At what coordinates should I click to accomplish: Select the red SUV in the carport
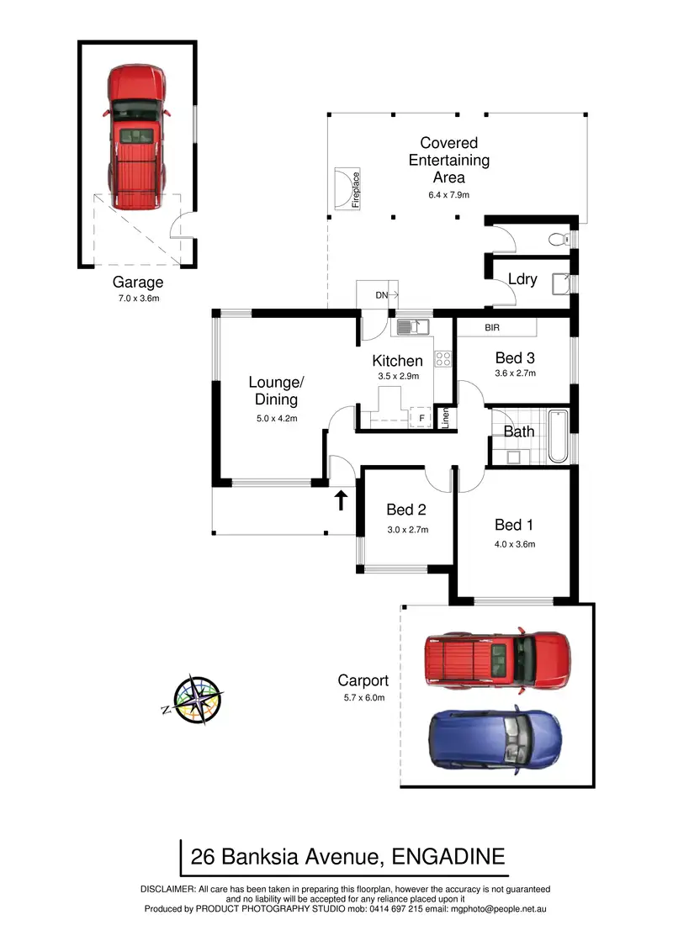(496, 658)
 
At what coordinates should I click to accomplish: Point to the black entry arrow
(341, 500)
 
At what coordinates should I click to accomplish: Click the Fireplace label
(356, 189)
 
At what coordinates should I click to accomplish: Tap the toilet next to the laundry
(558, 240)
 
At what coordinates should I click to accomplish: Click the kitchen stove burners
(442, 359)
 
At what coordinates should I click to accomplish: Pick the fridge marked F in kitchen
(421, 417)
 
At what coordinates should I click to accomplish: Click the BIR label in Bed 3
(493, 327)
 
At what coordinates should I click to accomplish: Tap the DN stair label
(382, 295)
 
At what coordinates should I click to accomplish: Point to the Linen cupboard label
(445, 418)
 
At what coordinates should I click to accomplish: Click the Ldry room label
(522, 279)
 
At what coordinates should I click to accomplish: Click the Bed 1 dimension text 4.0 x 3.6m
(515, 543)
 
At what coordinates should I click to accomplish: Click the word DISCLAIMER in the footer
(167, 889)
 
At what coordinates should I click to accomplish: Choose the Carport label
(363, 680)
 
